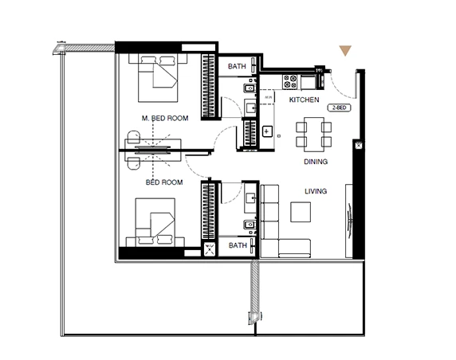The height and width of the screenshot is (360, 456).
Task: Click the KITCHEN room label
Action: [x=304, y=100]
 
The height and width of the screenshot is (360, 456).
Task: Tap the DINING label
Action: [x=316, y=162]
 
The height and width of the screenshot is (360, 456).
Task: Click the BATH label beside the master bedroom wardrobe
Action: [x=237, y=66]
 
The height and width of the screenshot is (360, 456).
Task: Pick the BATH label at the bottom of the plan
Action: [x=237, y=246]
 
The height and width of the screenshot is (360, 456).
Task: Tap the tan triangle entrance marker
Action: [x=345, y=51]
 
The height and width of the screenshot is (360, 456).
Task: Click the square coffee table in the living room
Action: [x=301, y=212]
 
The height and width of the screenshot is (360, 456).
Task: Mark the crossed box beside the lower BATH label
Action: [x=210, y=248]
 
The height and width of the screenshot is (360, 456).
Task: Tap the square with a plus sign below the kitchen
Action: [x=266, y=130]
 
